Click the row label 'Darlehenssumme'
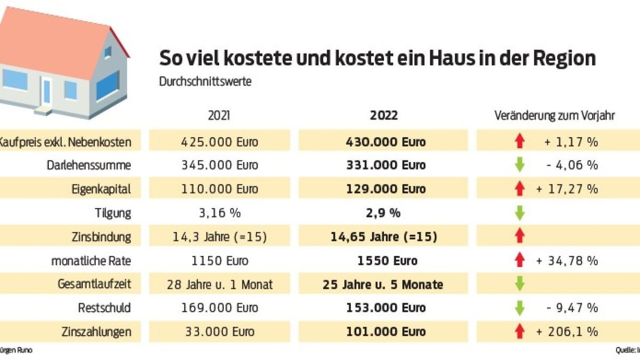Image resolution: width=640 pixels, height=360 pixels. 89,165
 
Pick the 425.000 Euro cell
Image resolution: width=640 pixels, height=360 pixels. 219,142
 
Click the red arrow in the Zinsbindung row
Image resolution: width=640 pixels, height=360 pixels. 519,237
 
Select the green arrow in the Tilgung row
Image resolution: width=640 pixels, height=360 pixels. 519,213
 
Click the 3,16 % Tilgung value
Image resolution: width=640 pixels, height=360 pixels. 219,213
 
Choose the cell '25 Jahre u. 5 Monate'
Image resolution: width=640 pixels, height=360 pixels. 382,284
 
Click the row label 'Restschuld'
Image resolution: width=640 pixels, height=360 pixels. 104,308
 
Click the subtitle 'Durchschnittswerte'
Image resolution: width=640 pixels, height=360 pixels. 197,82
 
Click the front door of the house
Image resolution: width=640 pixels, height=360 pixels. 46,92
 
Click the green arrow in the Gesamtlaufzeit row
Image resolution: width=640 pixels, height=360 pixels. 519,284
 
